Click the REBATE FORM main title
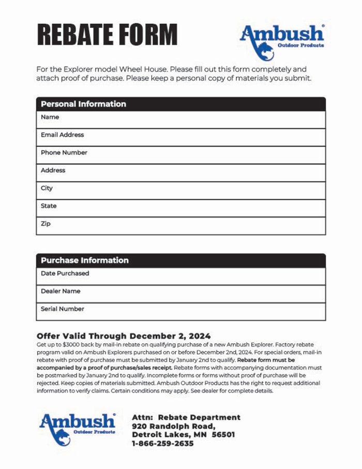point(107,35)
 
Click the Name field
point(180,120)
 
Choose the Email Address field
point(180,138)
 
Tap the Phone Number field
point(180,155)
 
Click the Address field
point(180,173)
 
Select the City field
point(180,190)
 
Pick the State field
point(180,208)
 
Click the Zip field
point(180,226)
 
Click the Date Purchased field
point(180,276)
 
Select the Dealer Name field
point(180,294)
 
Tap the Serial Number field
point(180,312)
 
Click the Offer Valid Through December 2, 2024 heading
point(124,336)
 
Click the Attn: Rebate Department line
point(186,417)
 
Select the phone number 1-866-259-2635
point(162,444)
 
